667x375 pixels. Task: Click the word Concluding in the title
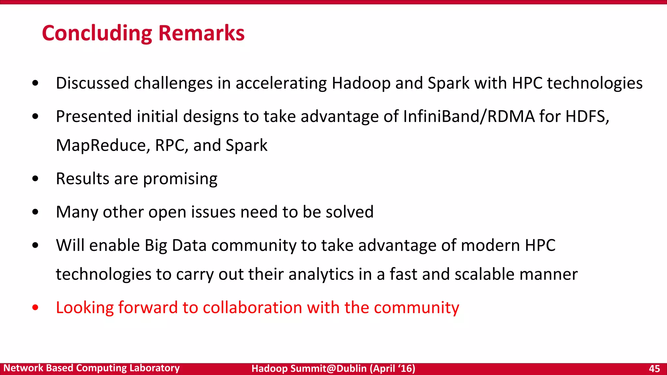97,33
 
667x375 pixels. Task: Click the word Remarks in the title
201,33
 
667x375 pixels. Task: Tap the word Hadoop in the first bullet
361,83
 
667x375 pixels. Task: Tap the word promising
180,179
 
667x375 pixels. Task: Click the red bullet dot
35,308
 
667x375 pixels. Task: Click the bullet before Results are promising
35,179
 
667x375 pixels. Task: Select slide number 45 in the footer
654,368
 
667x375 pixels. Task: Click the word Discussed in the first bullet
92,83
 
